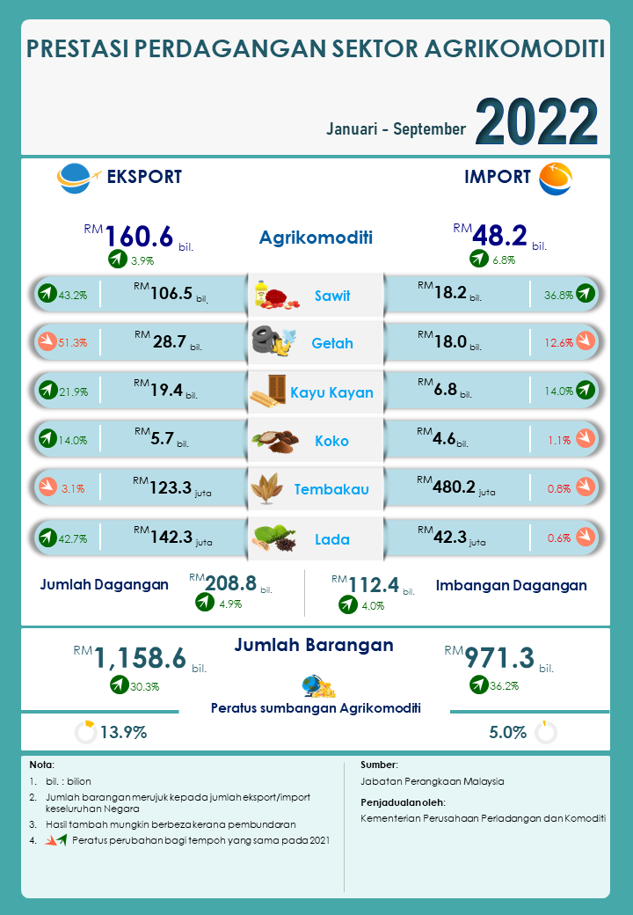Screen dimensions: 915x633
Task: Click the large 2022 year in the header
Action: [536, 121]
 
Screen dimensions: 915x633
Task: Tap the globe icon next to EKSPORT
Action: [74, 177]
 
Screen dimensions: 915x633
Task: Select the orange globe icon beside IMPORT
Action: [555, 178]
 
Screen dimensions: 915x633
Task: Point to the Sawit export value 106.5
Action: [171, 294]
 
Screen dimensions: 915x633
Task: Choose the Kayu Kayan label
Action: [331, 392]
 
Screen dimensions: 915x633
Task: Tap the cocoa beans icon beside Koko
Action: [269, 440]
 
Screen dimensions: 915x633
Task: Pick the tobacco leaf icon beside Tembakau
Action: [267, 488]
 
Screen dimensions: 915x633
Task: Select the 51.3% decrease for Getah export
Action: [72, 342]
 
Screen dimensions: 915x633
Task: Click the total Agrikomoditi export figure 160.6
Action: [140, 236]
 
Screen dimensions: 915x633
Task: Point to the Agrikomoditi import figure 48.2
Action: [499, 235]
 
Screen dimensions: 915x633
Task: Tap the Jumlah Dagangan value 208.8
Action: [229, 582]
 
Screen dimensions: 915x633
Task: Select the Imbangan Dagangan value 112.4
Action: [373, 583]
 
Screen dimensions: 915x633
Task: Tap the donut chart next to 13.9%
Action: [85, 732]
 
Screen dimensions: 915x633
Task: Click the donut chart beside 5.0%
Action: [546, 732]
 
